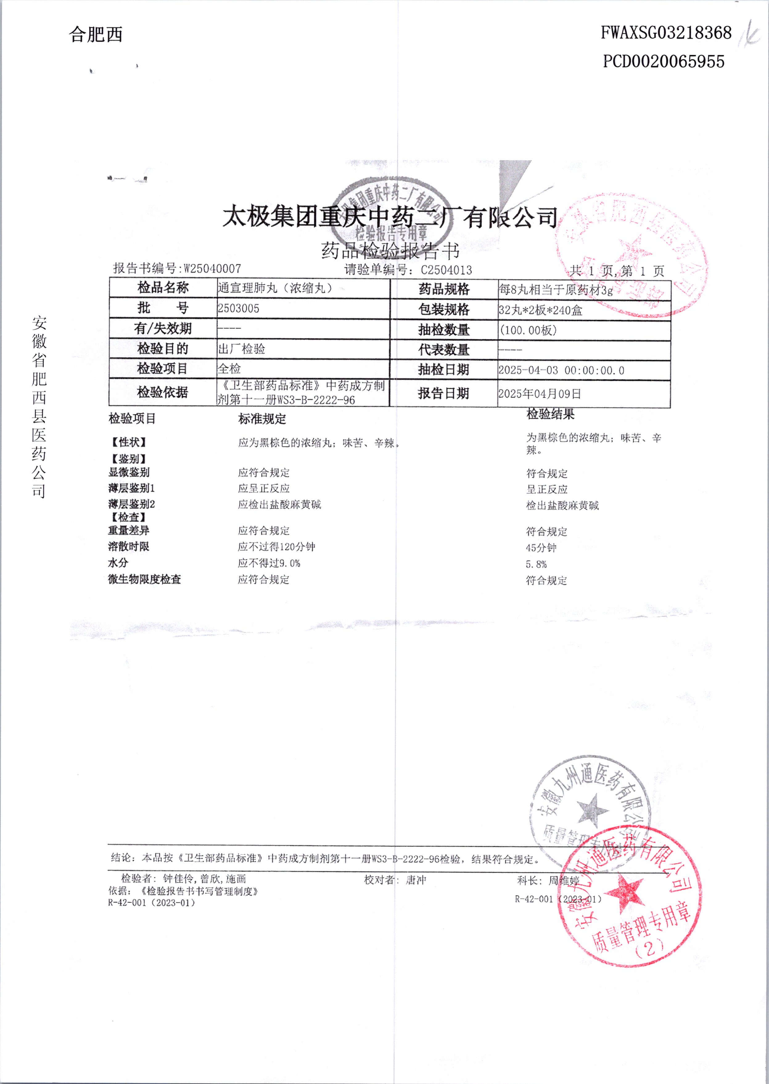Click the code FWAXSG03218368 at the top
(666, 33)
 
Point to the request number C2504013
(446, 270)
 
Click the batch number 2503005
(238, 309)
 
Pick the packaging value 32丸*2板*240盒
(540, 310)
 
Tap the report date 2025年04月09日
(539, 394)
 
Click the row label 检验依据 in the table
(162, 392)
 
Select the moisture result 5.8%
(536, 564)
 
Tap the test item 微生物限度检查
(144, 579)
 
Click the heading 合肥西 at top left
(96, 35)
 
